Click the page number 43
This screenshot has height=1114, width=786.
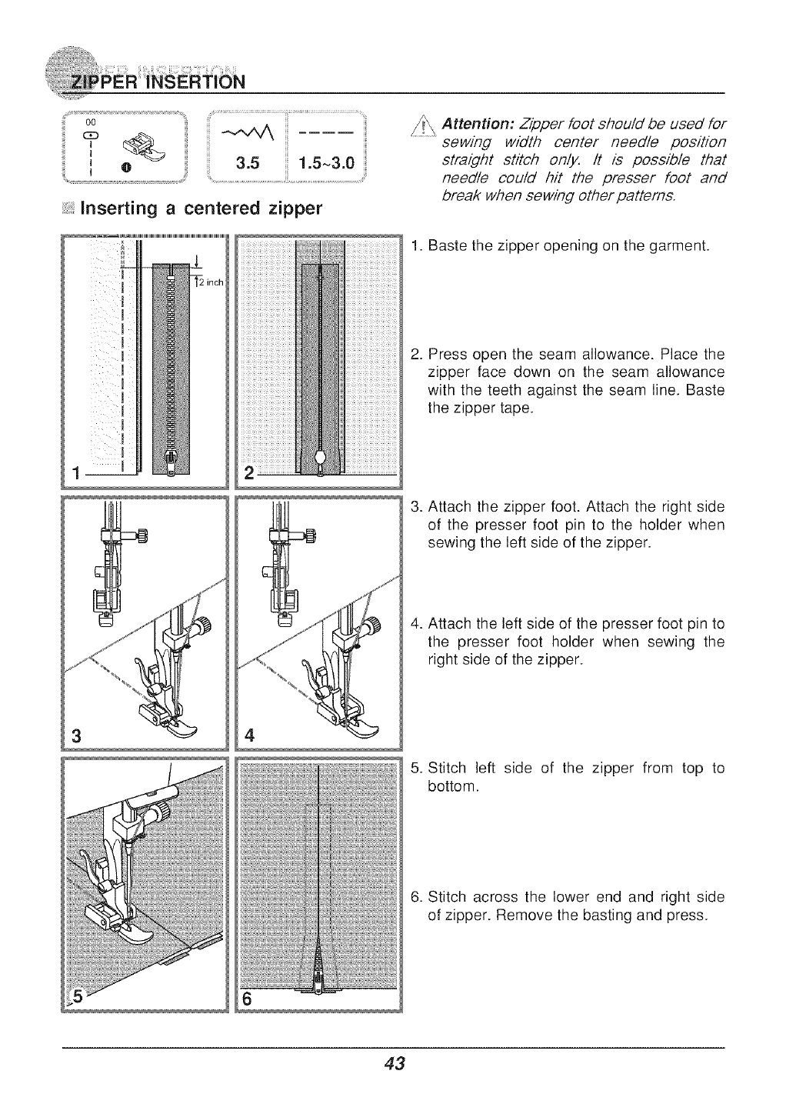[393, 1064]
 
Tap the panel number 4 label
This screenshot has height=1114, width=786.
[248, 731]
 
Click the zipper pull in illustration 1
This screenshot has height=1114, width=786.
[171, 465]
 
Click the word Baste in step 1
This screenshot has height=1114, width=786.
[443, 247]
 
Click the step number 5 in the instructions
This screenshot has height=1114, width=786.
[416, 769]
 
